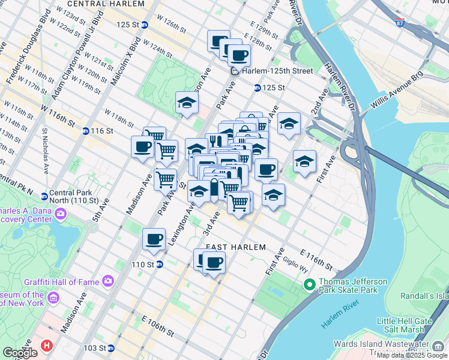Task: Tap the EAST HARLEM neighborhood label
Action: click(235, 247)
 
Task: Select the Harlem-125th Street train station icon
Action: click(235, 71)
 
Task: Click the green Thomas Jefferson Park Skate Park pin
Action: click(309, 284)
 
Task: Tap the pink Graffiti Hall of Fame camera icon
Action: click(108, 280)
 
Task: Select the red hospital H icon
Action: click(47, 346)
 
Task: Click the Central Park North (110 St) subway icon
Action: click(44, 196)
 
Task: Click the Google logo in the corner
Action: click(20, 353)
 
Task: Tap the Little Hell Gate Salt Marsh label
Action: click(405, 325)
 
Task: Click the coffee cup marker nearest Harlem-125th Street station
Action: click(239, 55)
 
